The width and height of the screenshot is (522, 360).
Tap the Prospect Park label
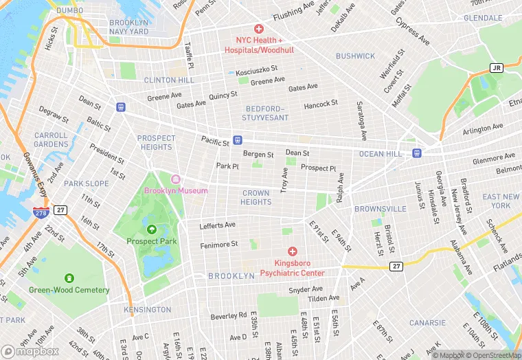tap(152, 241)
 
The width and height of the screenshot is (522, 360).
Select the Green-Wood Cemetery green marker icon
tap(69, 278)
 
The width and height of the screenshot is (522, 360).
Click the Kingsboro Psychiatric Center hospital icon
tap(293, 252)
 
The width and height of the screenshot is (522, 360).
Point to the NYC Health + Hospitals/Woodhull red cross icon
tap(258, 29)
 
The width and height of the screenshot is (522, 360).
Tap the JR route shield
tap(496, 67)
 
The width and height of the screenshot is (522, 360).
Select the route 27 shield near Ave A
tap(396, 266)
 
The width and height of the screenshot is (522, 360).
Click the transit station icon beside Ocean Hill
tap(416, 153)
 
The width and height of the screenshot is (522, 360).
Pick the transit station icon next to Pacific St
tap(237, 139)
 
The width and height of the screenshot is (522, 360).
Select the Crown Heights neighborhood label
tap(256, 198)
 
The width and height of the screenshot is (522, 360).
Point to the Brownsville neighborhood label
tap(381, 209)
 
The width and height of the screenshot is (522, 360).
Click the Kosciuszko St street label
tap(256, 70)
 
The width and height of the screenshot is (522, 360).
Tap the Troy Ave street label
tap(284, 179)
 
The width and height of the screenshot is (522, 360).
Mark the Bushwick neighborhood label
tap(355, 56)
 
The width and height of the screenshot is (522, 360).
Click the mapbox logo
tap(30, 350)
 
